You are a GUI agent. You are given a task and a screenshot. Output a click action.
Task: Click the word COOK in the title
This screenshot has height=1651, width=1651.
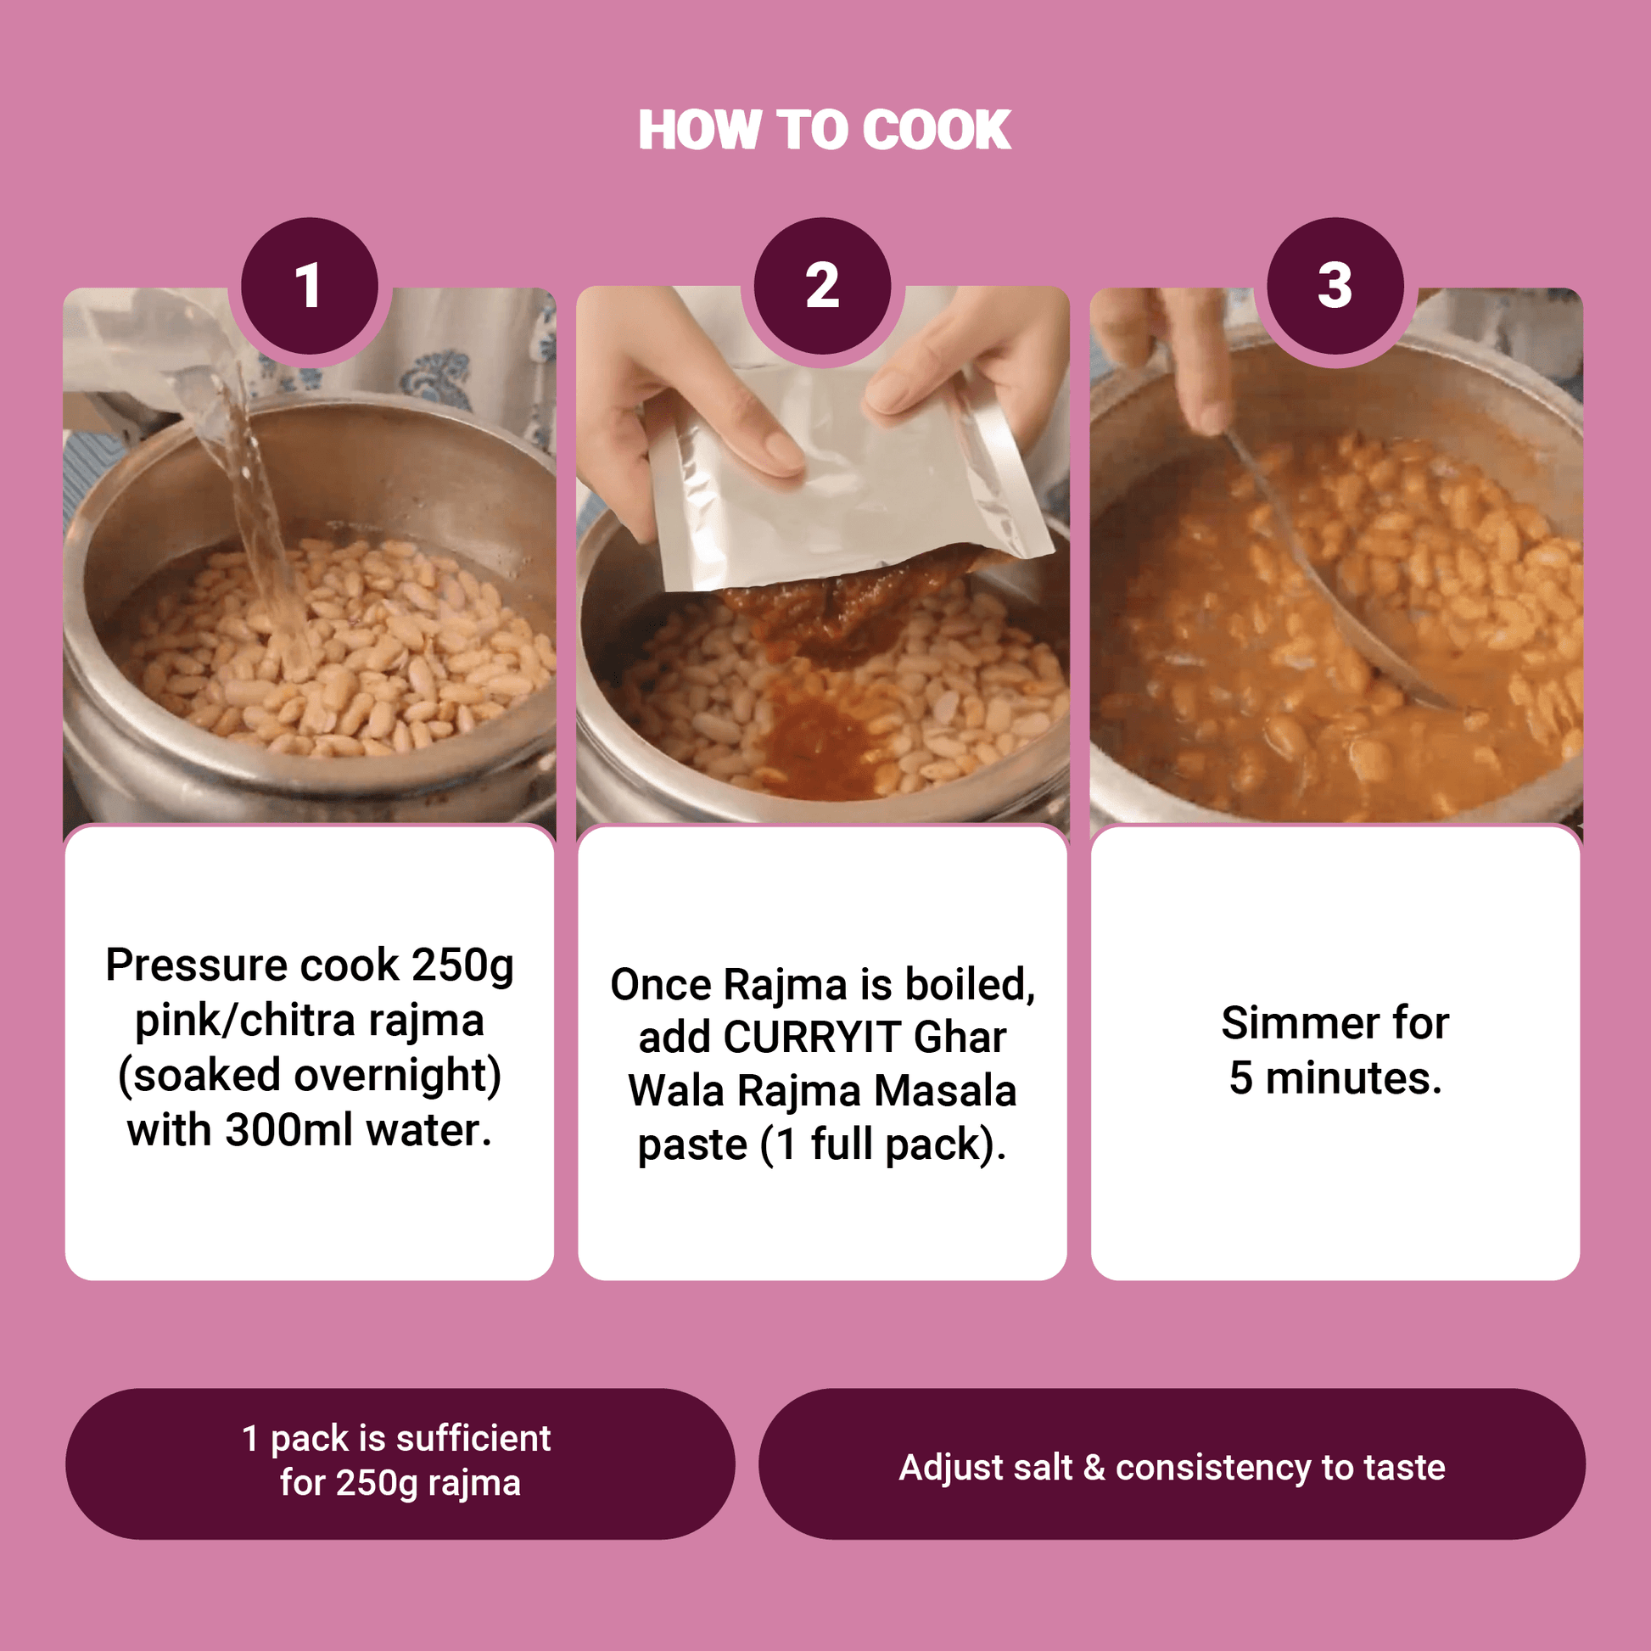pyautogui.click(x=937, y=130)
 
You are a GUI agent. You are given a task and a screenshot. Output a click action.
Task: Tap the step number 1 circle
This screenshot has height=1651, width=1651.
pyautogui.click(x=310, y=285)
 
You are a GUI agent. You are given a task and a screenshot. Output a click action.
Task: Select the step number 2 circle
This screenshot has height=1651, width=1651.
pyautogui.click(x=823, y=285)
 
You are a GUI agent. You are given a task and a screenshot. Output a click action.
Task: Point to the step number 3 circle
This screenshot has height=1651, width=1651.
pyautogui.click(x=1335, y=285)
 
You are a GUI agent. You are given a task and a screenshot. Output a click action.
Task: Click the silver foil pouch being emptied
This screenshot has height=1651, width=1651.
pyautogui.click(x=846, y=479)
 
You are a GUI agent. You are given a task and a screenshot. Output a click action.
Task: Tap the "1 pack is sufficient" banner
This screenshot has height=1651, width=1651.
pyautogui.click(x=400, y=1464)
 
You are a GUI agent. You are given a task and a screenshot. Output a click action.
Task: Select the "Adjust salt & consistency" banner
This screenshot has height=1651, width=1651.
pyautogui.click(x=1172, y=1464)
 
